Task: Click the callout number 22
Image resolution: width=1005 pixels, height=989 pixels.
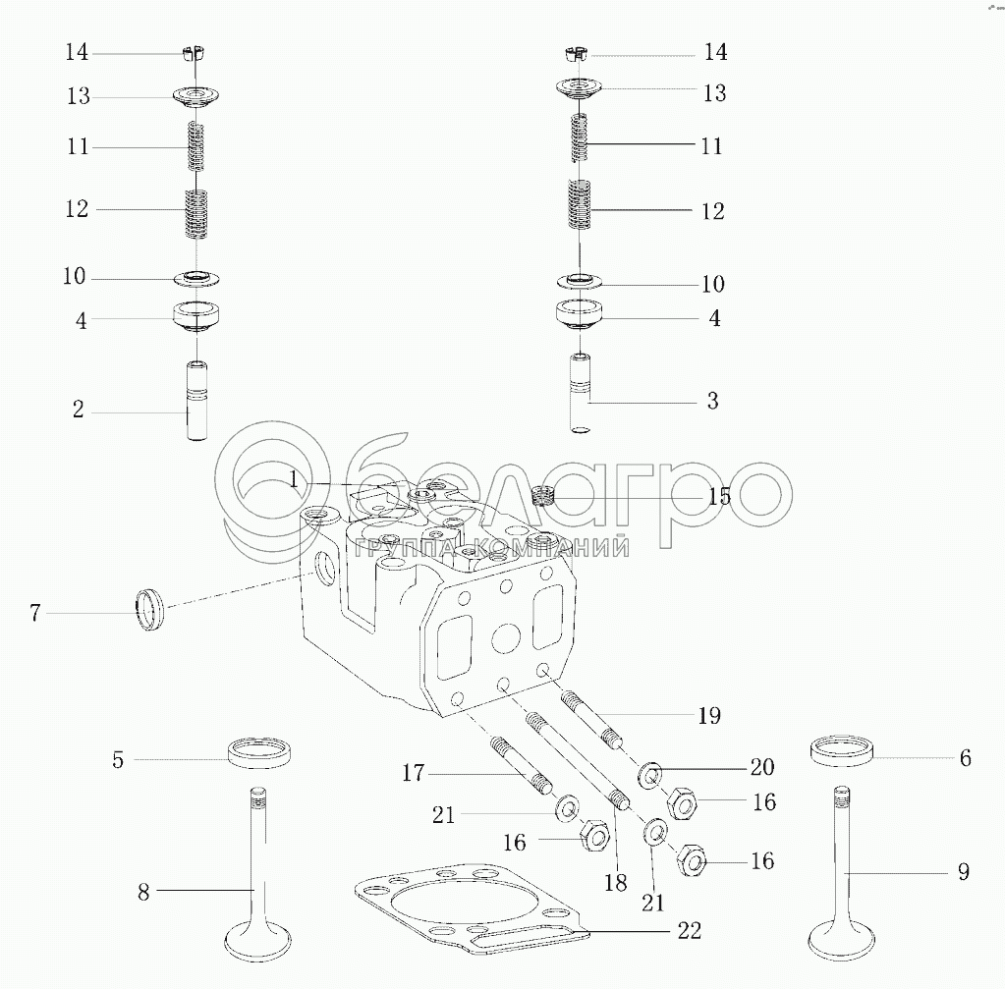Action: pyautogui.click(x=691, y=932)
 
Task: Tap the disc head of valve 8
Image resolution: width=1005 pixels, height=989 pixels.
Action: pyautogui.click(x=257, y=940)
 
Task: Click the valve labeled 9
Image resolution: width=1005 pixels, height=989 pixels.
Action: pyautogui.click(x=841, y=874)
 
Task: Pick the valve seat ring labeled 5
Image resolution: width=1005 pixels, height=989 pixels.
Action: pyautogui.click(x=259, y=755)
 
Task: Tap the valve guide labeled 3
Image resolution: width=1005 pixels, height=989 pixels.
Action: pyautogui.click(x=582, y=393)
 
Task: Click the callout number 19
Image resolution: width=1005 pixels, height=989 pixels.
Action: pyautogui.click(x=709, y=715)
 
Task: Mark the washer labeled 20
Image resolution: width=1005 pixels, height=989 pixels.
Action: pyautogui.click(x=648, y=776)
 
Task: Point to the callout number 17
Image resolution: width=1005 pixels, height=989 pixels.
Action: pyautogui.click(x=414, y=774)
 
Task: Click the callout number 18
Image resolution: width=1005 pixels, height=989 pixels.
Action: pyautogui.click(x=616, y=883)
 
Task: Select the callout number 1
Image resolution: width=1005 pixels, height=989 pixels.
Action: pyautogui.click(x=293, y=480)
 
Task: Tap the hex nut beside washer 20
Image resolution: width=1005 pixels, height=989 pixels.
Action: pyautogui.click(x=683, y=806)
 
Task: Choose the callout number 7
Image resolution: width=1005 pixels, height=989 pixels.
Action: pyautogui.click(x=34, y=614)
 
